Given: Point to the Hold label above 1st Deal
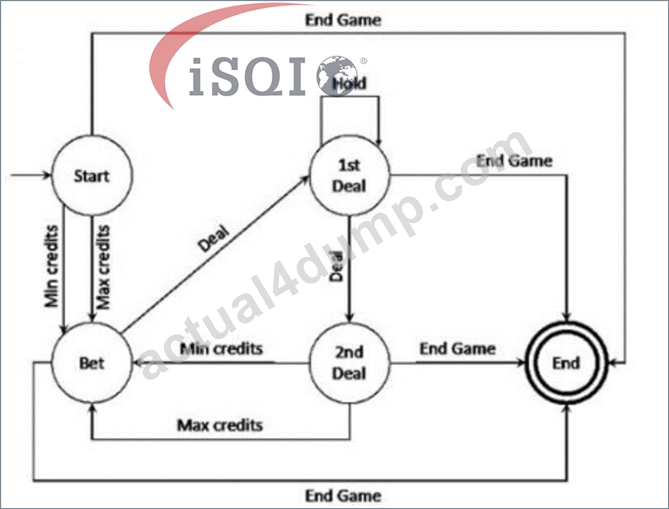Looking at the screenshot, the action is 349,83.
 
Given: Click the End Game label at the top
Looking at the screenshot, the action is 343,20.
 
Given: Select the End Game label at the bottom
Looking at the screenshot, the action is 343,496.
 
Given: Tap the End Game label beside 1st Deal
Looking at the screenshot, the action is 514,161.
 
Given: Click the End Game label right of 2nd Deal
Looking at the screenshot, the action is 457,349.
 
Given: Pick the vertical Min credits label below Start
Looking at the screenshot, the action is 51,266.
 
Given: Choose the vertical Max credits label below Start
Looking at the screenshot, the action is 103,267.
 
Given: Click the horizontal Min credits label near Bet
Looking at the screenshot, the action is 221,349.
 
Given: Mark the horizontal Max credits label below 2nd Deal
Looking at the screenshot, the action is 220,425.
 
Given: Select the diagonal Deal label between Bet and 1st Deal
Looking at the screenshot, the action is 214,239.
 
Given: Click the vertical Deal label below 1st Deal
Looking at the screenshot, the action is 337,266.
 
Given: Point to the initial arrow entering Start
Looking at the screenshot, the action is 31,175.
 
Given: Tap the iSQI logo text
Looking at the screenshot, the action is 247,76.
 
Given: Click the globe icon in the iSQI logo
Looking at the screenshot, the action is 337,75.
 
